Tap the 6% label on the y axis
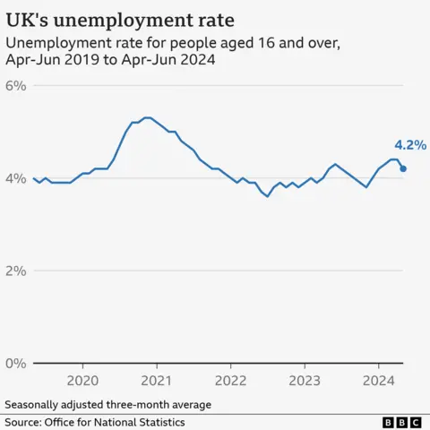(x=18, y=85)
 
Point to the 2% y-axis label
(x=18, y=271)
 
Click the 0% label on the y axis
(x=18, y=363)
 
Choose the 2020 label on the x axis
(x=82, y=381)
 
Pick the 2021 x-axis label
(x=157, y=381)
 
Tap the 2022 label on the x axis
(x=230, y=381)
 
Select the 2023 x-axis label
(x=305, y=381)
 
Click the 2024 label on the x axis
(x=378, y=381)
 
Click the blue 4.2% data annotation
(x=409, y=144)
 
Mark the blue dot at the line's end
(x=403, y=168)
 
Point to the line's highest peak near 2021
(x=147, y=117)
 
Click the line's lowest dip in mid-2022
(x=267, y=196)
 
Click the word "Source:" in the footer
(x=26, y=422)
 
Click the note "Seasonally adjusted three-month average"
(x=108, y=404)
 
